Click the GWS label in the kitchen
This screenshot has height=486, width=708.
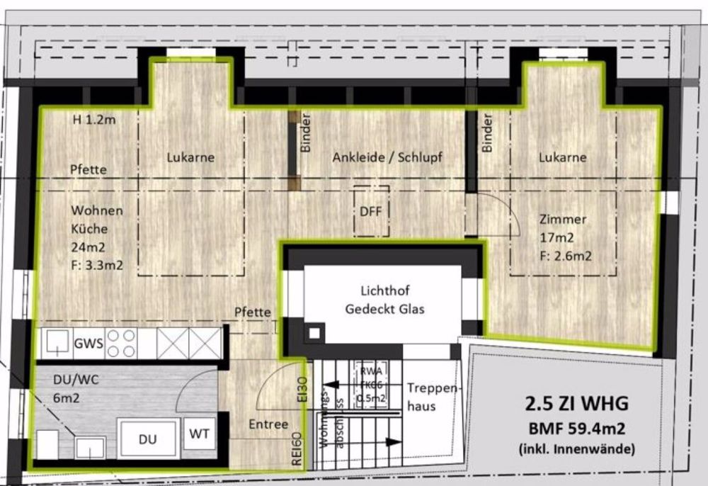[x=88, y=345]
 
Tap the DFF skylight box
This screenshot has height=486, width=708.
[x=371, y=211]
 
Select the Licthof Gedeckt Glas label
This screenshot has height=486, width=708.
[x=384, y=300]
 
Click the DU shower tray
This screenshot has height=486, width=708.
[x=147, y=439]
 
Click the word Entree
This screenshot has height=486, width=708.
[x=268, y=424]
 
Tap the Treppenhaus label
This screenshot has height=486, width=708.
[x=433, y=397]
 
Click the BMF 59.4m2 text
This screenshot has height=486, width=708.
[x=576, y=429]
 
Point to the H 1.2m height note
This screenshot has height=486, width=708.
[x=94, y=120]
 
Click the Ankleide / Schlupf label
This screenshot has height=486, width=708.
[x=387, y=157]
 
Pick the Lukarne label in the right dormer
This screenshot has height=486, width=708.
[x=563, y=157]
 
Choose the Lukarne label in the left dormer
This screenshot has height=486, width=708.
[x=191, y=157]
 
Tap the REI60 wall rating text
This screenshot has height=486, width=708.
[x=297, y=448]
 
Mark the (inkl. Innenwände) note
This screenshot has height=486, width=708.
[x=576, y=448]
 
